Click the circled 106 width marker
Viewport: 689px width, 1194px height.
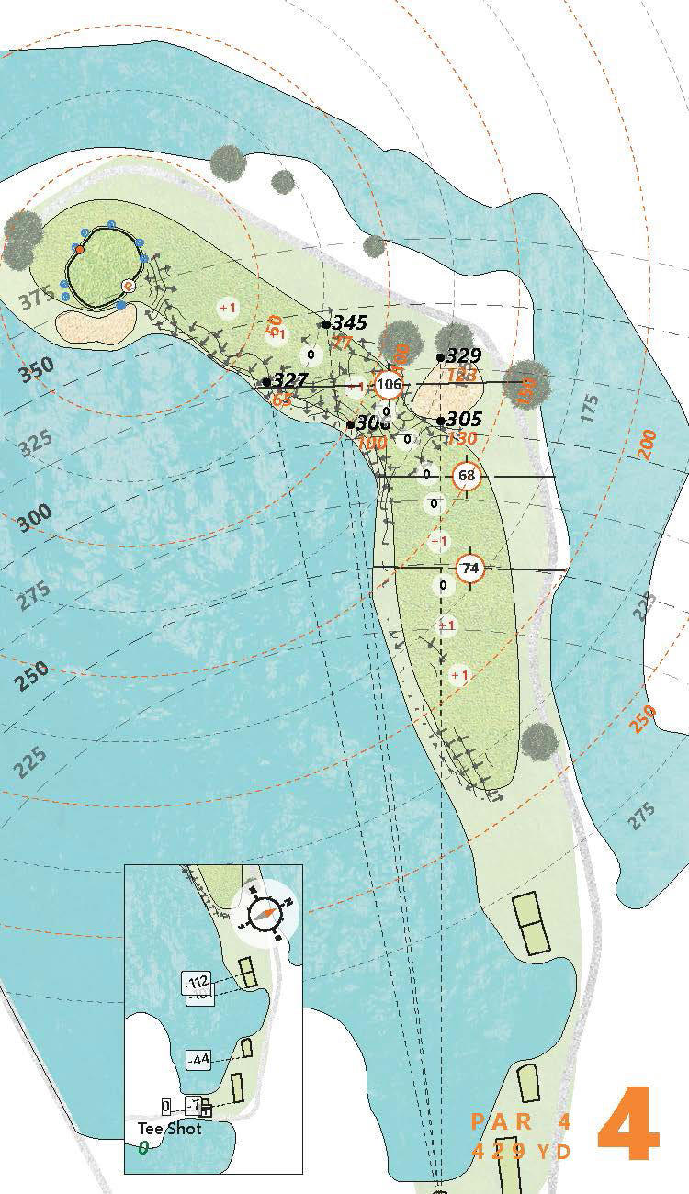tap(390, 384)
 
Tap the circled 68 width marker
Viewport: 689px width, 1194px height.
tap(467, 476)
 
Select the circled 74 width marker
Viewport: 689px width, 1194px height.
tap(470, 569)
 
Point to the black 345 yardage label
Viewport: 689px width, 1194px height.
tap(349, 322)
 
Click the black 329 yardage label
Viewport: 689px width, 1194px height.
tap(464, 356)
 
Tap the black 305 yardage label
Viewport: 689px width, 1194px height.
tap(465, 420)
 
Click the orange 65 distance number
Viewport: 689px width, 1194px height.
tap(281, 399)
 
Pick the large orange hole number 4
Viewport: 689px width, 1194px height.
tap(628, 1124)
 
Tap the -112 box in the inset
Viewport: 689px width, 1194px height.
tap(198, 983)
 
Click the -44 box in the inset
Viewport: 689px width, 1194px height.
tap(198, 1059)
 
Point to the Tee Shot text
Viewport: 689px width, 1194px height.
tap(169, 1129)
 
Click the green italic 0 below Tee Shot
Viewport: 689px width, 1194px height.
tap(143, 1148)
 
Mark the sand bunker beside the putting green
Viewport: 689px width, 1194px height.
tap(96, 321)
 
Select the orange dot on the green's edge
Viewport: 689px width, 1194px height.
tap(80, 250)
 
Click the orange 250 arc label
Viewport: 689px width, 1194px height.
tap(644, 717)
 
